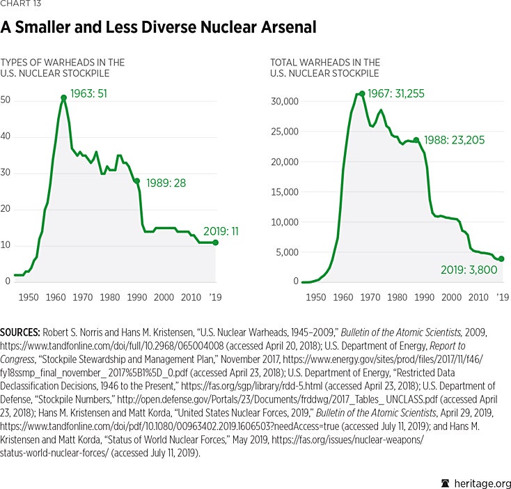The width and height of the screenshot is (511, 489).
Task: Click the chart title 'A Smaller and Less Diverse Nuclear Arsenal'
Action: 159,27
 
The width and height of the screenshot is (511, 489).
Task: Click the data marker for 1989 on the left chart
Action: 137,181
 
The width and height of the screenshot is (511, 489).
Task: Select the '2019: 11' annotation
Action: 221,231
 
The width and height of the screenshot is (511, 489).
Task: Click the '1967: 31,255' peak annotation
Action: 396,93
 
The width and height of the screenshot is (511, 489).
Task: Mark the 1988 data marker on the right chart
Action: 416,140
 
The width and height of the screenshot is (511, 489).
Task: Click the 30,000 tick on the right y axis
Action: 283,102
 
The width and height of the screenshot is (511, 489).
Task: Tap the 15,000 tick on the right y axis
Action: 283,192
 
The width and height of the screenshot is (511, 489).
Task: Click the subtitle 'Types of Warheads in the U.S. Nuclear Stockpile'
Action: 63,68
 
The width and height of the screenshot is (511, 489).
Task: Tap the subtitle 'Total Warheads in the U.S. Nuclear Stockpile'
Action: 325,68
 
